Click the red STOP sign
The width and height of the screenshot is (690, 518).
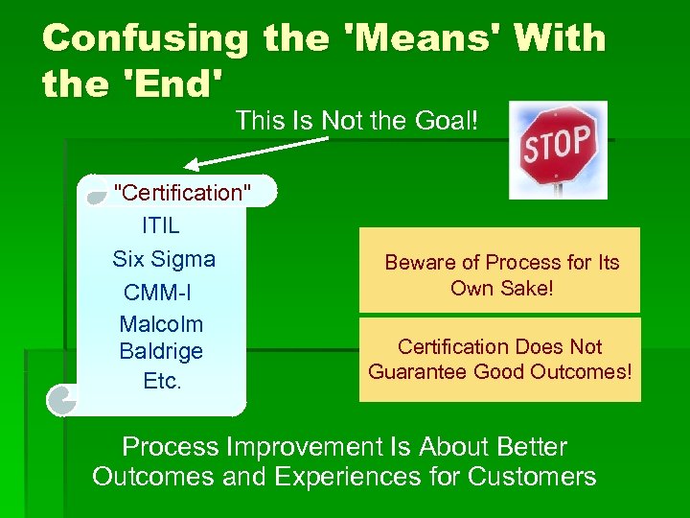tap(558, 145)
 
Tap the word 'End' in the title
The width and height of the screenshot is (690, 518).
tap(172, 84)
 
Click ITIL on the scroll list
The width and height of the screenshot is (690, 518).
tap(160, 227)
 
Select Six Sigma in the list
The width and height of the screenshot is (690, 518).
tap(164, 259)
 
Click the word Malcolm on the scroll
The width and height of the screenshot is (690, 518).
tap(161, 324)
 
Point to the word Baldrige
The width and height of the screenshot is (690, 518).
tap(161, 351)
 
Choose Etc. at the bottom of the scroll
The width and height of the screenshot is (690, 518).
tap(161, 381)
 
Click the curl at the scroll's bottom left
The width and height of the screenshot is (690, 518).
tap(62, 398)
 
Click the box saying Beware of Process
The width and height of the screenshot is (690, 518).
tap(499, 271)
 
